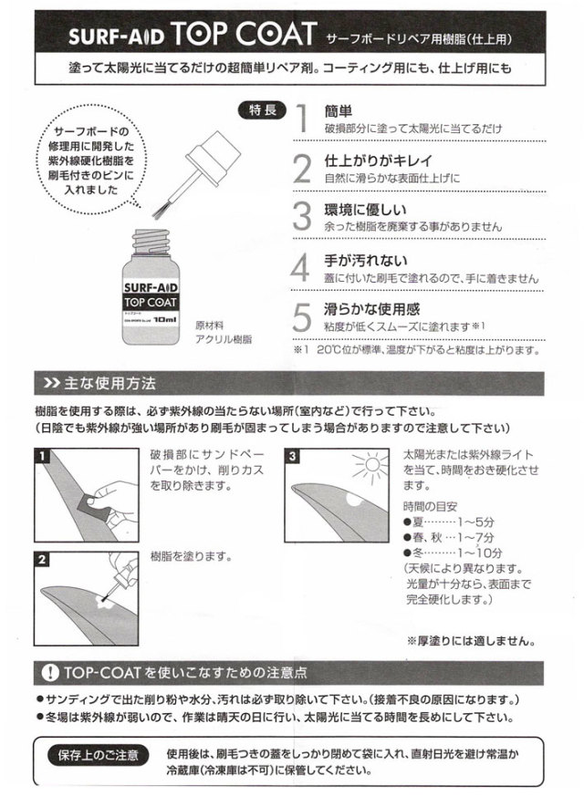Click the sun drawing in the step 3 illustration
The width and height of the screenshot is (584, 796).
(370, 469)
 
